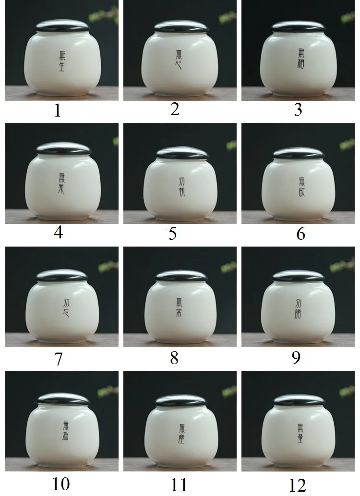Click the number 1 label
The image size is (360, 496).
[x=58, y=111]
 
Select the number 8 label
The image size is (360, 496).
[x=174, y=358]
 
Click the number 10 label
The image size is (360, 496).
[x=61, y=484]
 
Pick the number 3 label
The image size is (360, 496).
[x=298, y=110]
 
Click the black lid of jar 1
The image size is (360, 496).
[x=62, y=27]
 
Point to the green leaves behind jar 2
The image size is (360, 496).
[x=226, y=17]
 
